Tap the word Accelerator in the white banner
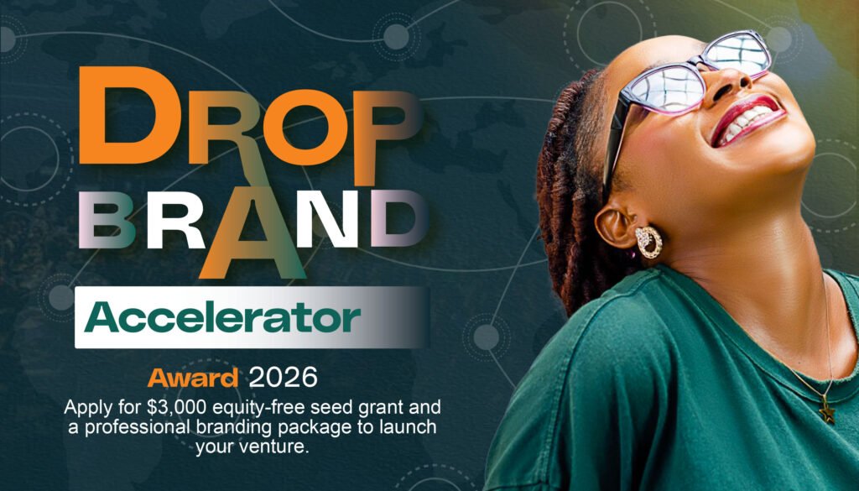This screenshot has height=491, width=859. pos(222,318)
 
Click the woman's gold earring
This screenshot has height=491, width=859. pos(648,242)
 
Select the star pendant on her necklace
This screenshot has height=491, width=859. pos(826,414)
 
